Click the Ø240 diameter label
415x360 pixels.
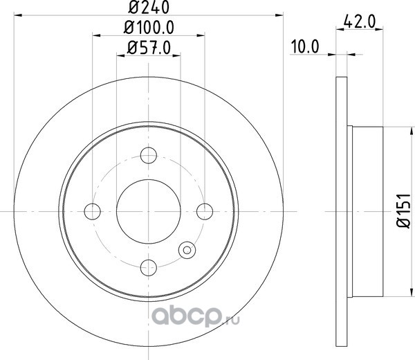(149, 7)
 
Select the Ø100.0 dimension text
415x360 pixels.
(149, 27)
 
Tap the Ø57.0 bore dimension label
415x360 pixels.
(149, 48)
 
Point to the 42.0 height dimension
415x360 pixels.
(360, 21)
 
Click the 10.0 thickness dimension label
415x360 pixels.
(305, 46)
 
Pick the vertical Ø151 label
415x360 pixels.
(403, 210)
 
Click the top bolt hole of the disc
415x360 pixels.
(149, 155)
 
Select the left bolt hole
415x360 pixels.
(93, 211)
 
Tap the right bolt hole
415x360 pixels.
(205, 211)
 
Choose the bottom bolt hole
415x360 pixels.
(149, 267)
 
